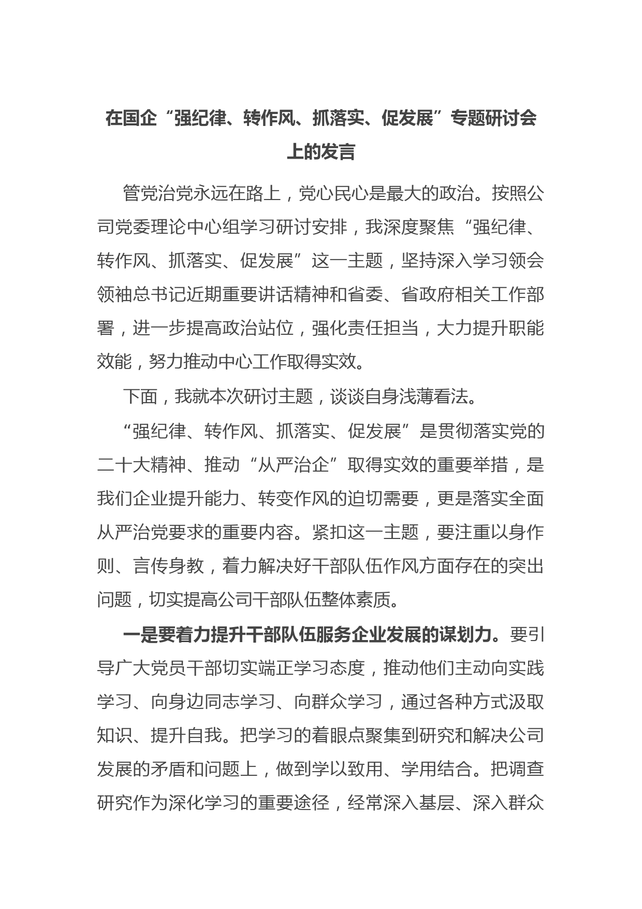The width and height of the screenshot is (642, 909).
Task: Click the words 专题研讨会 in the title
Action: click(493, 119)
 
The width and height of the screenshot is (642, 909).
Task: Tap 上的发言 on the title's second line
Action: click(321, 152)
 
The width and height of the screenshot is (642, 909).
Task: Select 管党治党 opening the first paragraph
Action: click(158, 194)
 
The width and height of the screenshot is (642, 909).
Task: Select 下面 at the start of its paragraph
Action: click(140, 396)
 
